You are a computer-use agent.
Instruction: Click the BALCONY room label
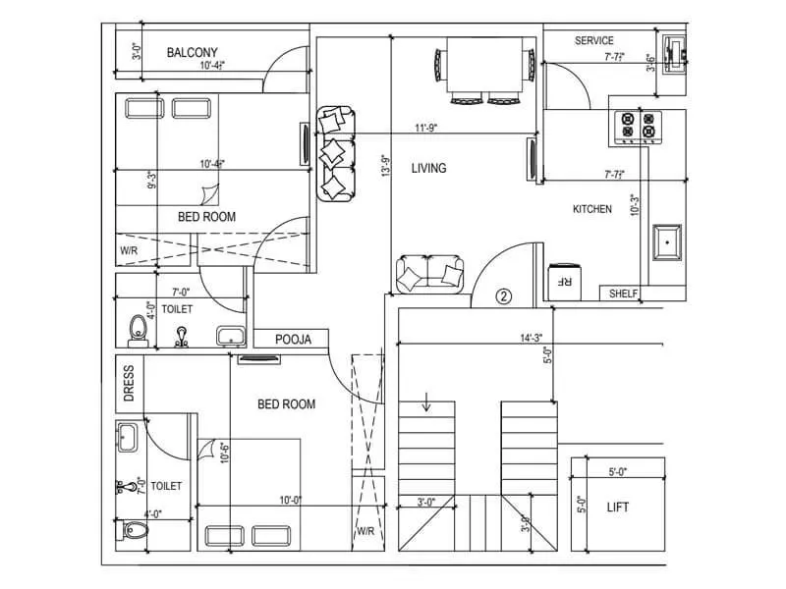pos(193,52)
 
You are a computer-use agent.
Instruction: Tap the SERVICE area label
pos(594,41)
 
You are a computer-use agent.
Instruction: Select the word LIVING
pos(428,168)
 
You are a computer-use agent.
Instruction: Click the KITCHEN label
pos(592,209)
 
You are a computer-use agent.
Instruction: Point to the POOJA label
pos(293,340)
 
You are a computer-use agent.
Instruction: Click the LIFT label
pos(618,508)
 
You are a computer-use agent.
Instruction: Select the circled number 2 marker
pos(504,295)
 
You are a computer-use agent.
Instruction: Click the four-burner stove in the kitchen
pos(636,127)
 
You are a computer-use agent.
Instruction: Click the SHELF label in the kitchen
pos(624,294)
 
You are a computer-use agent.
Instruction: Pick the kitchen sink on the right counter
pos(669,241)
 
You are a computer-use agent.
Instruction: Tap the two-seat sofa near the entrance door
pos(430,274)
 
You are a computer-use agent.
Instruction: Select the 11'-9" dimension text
pos(425,128)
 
